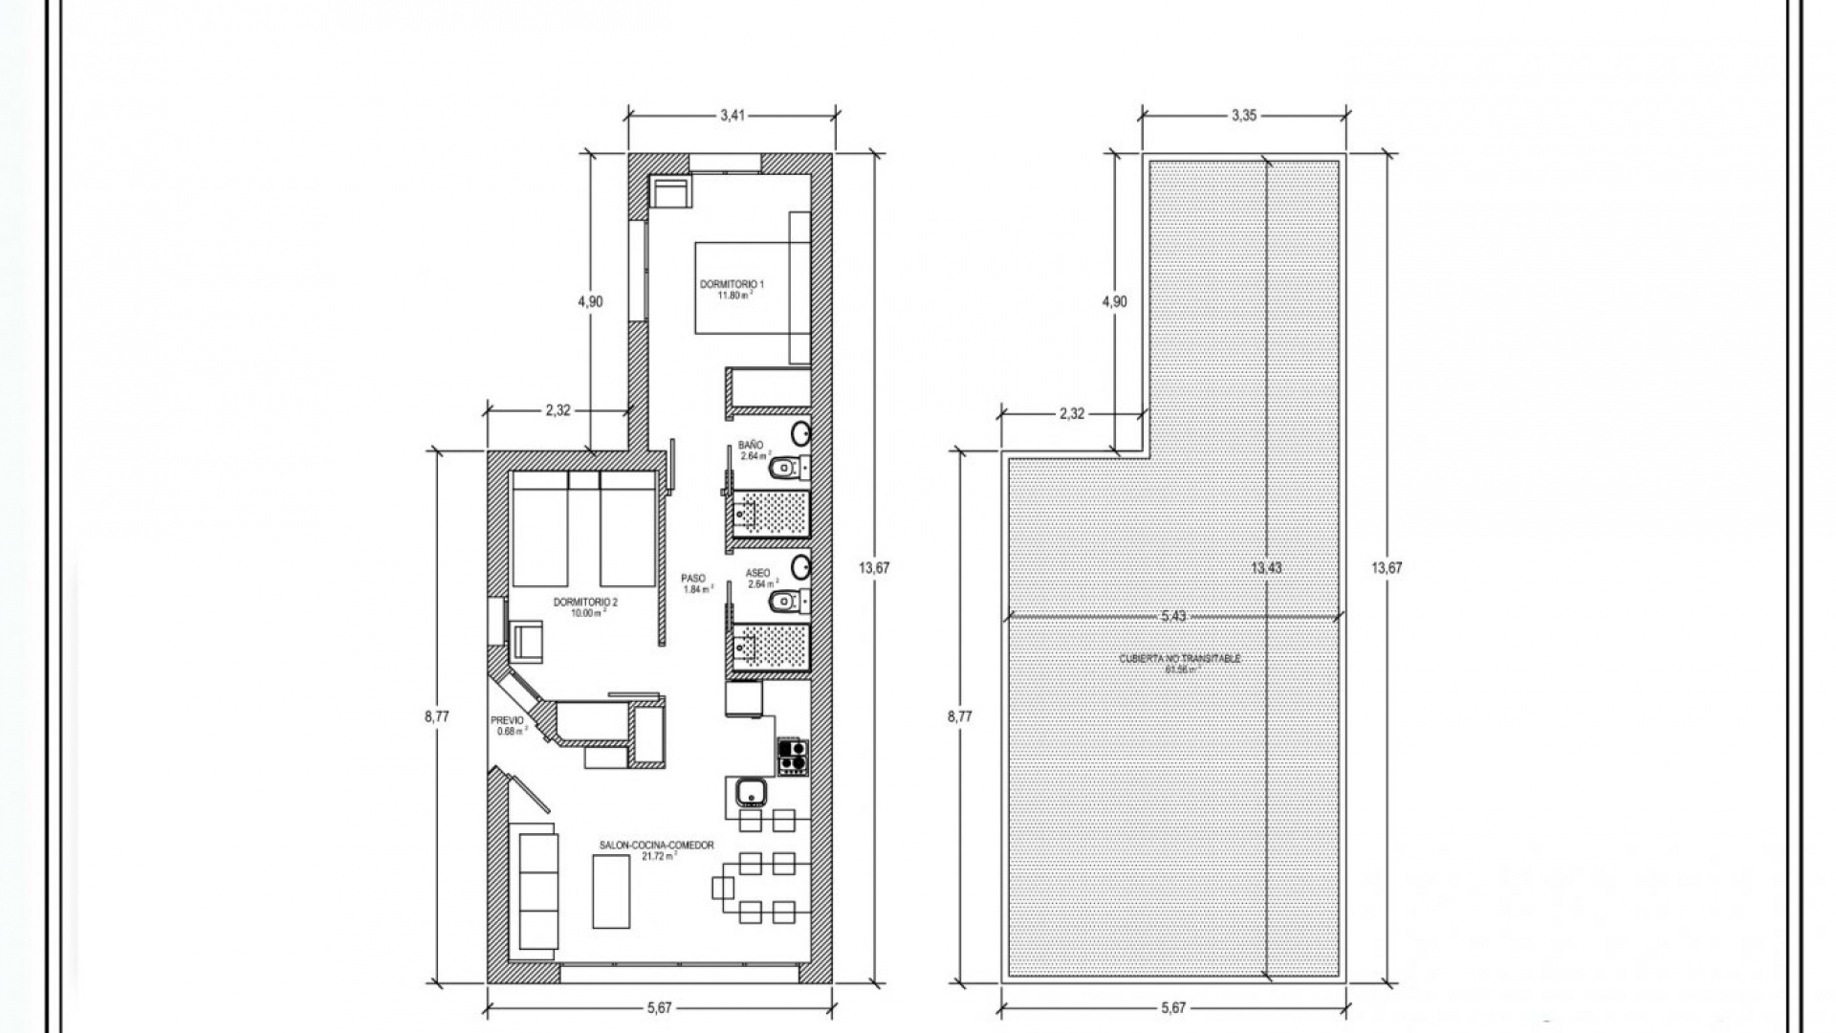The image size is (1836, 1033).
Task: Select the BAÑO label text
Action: pos(751,446)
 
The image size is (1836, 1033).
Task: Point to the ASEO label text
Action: pos(757,573)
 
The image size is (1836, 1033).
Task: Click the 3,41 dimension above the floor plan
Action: pos(732,116)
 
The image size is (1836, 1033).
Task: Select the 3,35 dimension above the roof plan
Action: pos(1243,116)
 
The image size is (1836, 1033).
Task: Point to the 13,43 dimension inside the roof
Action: pos(1266,567)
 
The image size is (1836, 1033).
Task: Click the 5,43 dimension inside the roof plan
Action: pos(1173,616)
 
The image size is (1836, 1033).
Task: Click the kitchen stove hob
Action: pos(792,757)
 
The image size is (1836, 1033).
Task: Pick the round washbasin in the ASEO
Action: pos(801,567)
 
